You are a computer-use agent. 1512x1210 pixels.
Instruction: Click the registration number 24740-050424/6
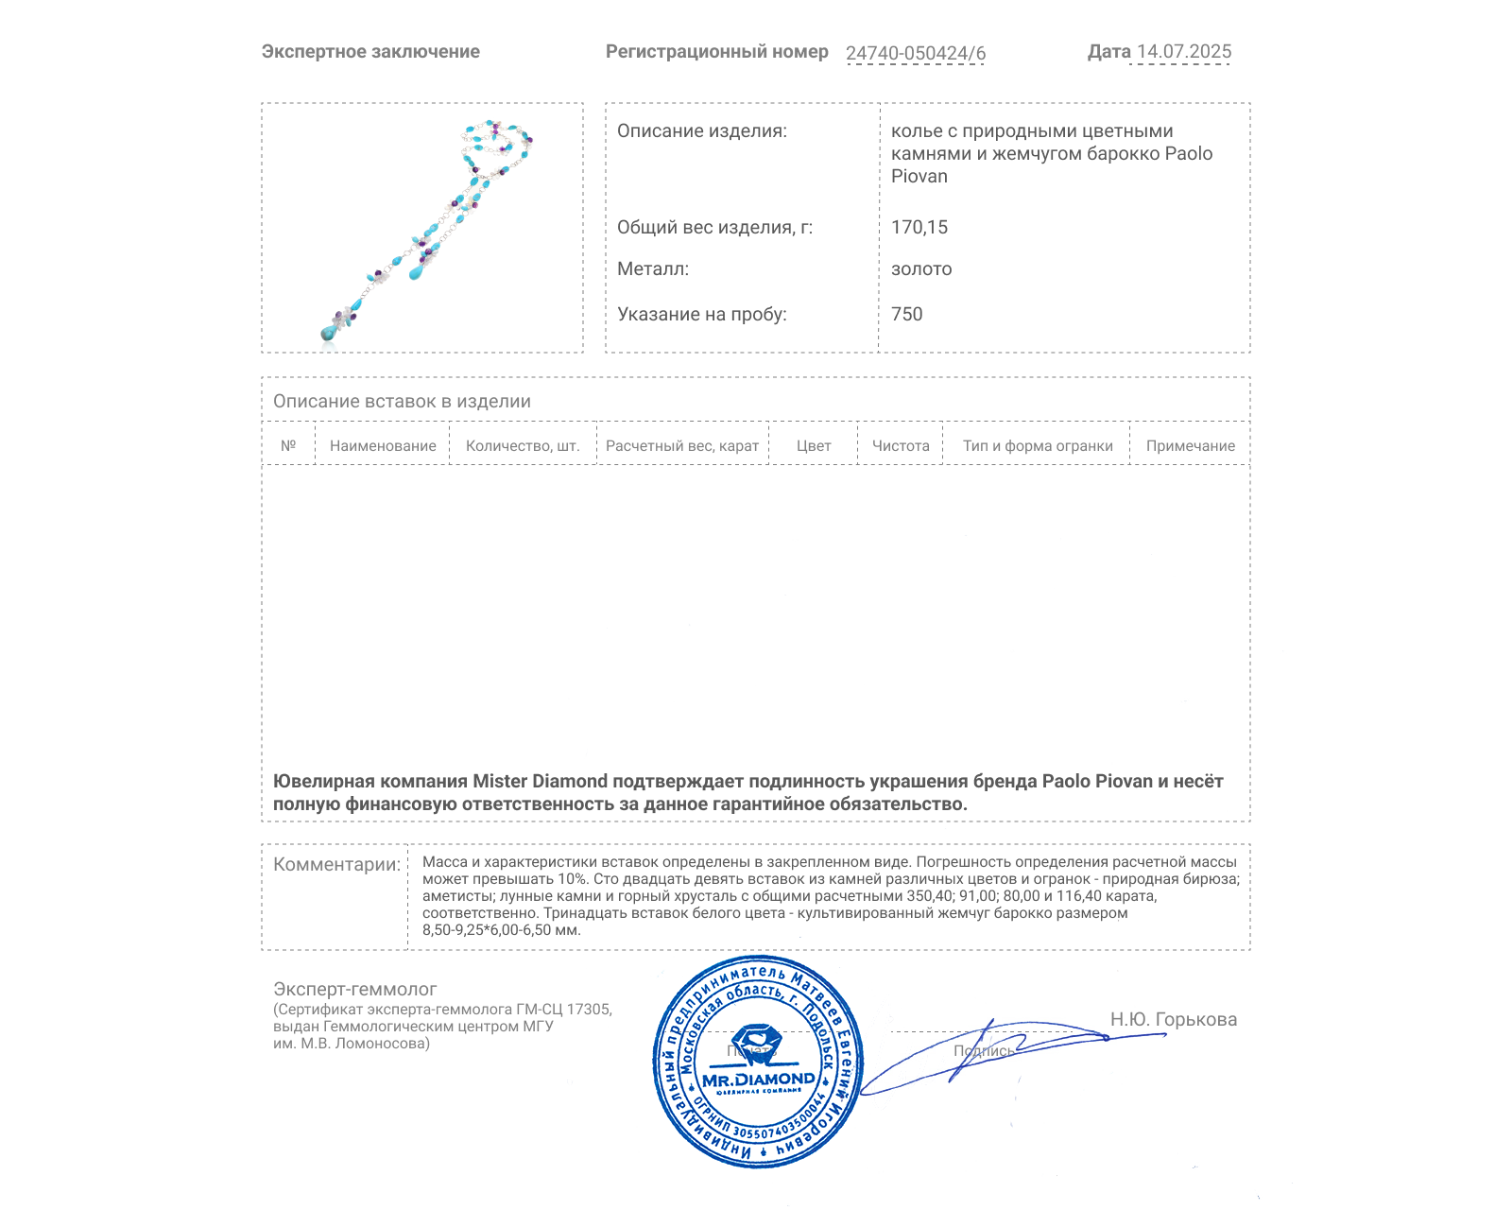[915, 53]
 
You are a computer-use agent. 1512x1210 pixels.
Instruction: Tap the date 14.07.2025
[1184, 52]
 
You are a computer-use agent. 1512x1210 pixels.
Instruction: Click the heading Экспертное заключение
[370, 52]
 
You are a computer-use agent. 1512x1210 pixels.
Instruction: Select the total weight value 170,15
[919, 227]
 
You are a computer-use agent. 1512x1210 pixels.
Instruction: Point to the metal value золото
[921, 268]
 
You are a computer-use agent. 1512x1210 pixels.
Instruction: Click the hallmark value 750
[907, 314]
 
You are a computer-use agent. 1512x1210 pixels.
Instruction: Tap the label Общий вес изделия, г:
[714, 227]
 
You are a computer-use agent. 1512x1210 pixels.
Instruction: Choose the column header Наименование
[383, 446]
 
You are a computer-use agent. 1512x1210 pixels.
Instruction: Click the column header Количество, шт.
[523, 446]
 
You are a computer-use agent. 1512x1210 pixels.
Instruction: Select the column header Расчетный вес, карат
[682, 446]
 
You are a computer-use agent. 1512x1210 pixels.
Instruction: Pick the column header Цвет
[814, 446]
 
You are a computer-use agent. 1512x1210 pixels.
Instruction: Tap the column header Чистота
[901, 446]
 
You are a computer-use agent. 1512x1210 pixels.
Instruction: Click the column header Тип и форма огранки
[1038, 446]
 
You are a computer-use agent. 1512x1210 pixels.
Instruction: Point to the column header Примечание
[1191, 446]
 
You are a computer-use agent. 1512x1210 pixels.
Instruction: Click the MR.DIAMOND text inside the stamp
[758, 1079]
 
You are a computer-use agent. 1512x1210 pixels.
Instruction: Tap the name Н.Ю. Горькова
[1174, 1019]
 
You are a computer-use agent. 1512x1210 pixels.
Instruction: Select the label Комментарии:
[336, 864]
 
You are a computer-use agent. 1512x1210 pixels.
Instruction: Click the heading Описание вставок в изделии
[402, 401]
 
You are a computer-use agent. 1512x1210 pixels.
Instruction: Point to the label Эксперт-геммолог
[355, 989]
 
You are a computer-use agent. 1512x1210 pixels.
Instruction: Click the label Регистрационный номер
[716, 52]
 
